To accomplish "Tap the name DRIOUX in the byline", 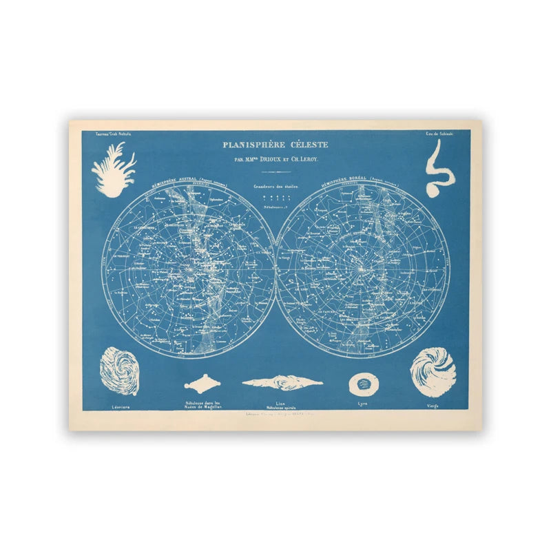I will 268,160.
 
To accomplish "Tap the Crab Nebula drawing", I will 113,169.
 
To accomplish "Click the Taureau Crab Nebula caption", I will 109,134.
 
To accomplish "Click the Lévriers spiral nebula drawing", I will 119,371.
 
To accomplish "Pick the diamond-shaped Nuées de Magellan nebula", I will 207,383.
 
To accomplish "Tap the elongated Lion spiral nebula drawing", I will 282,382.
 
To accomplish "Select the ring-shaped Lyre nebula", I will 362,384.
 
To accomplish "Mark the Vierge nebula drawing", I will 433,373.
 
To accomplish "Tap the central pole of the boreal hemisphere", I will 362,269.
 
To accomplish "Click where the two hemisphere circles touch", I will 275,269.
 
